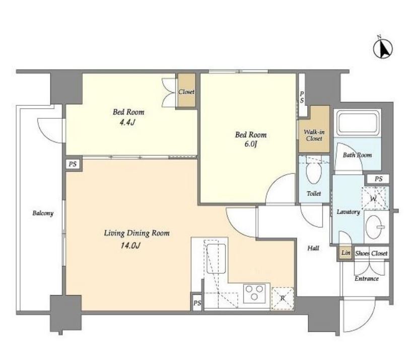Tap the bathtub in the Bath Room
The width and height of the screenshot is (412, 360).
click(x=358, y=123)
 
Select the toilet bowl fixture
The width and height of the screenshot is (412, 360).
click(x=314, y=172)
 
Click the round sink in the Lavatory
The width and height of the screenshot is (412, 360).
click(x=375, y=227)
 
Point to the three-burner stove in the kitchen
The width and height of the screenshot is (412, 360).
click(x=254, y=293)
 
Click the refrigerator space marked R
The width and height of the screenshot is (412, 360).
click(x=283, y=298)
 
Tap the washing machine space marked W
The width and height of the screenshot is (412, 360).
click(x=374, y=198)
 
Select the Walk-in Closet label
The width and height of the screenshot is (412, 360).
click(x=314, y=135)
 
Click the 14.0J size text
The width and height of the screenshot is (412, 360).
click(x=130, y=246)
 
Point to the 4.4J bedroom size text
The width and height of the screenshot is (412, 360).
click(x=127, y=122)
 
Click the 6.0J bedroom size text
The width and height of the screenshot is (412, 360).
click(x=250, y=144)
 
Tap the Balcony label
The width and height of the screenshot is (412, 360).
click(x=43, y=213)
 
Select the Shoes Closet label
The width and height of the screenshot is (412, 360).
click(x=371, y=253)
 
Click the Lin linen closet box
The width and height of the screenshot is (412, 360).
click(x=345, y=253)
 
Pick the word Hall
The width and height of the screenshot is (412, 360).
click(x=313, y=248)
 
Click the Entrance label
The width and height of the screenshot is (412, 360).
click(x=367, y=278)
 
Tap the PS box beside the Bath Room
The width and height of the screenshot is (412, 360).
click(x=378, y=179)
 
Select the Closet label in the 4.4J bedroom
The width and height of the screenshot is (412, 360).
click(x=186, y=92)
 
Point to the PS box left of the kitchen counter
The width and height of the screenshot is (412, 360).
click(x=197, y=303)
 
